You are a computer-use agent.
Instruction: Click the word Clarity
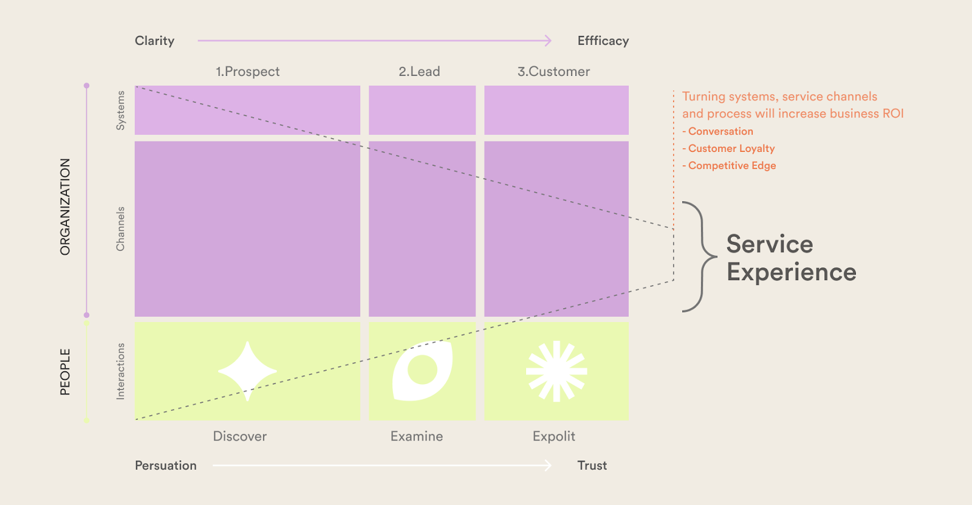pyautogui.click(x=154, y=41)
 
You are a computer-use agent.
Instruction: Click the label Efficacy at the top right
pyautogui.click(x=603, y=41)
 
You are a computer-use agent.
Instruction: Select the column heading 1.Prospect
pyautogui.click(x=248, y=72)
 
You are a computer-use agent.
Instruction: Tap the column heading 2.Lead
pyautogui.click(x=419, y=72)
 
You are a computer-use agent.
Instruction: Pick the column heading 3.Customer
pyautogui.click(x=553, y=72)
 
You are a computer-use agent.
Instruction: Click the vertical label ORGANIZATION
pyautogui.click(x=65, y=207)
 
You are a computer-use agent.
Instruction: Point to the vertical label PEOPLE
pyautogui.click(x=65, y=372)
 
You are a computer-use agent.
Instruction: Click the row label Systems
pyautogui.click(x=120, y=110)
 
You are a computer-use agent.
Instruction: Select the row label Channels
pyautogui.click(x=120, y=229)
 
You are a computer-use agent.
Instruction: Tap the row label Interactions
pyautogui.click(x=120, y=371)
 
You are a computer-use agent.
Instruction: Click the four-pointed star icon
pyautogui.click(x=247, y=371)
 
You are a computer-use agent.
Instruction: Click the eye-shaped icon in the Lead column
pyautogui.click(x=422, y=371)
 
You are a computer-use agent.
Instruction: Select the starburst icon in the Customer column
pyautogui.click(x=556, y=371)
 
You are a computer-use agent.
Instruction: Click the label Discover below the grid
pyautogui.click(x=239, y=436)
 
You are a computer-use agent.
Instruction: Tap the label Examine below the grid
pyautogui.click(x=417, y=436)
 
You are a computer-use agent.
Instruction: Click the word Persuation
pyautogui.click(x=165, y=465)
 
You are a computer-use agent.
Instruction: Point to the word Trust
pyautogui.click(x=592, y=465)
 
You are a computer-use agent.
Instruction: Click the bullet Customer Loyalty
pyautogui.click(x=728, y=148)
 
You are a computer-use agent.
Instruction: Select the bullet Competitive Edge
pyautogui.click(x=729, y=166)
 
